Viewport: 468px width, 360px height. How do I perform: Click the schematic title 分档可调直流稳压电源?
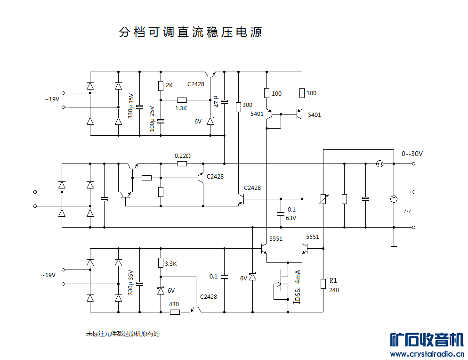(190, 32)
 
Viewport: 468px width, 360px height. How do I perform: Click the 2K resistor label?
(169, 85)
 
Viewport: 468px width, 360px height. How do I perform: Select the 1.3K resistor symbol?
(182, 100)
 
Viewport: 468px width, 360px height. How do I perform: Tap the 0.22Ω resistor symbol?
(182, 164)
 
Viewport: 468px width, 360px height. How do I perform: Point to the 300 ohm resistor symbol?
(238, 106)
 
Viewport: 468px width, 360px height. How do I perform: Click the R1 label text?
(333, 281)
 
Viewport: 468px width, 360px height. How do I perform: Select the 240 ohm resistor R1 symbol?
(323, 283)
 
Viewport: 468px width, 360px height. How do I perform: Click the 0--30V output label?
(412, 154)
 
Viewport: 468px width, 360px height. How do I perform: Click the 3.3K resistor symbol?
(161, 263)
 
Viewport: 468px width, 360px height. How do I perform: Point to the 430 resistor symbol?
(175, 312)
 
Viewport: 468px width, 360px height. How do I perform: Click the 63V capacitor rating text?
(291, 218)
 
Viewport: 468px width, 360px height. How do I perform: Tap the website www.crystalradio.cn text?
(427, 354)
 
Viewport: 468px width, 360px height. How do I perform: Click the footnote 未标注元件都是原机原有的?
(123, 334)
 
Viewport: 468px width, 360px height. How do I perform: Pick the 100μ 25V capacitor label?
(152, 118)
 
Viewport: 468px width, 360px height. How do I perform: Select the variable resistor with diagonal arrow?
(323, 199)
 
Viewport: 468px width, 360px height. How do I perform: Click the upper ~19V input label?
(52, 99)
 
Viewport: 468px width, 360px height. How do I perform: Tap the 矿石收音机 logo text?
(427, 340)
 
